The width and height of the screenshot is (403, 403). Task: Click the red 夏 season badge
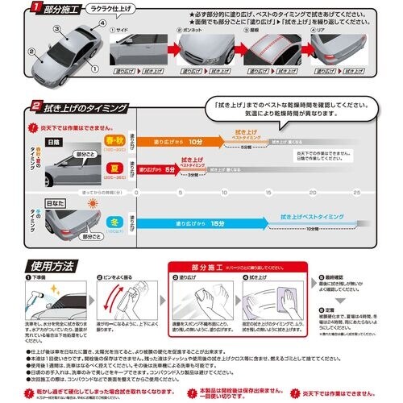point(113,170)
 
